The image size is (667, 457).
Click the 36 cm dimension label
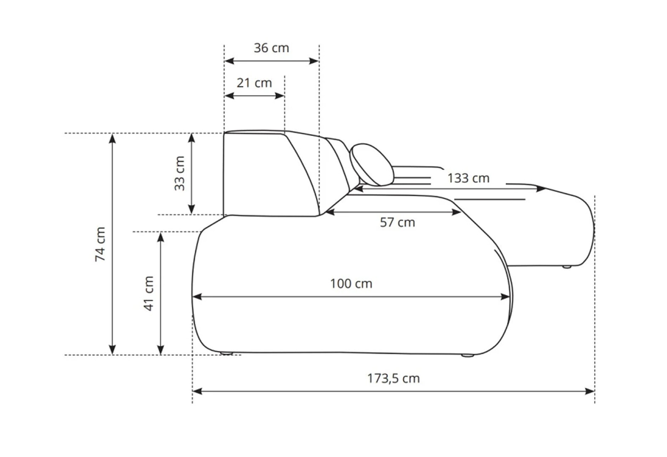pyautogui.click(x=271, y=48)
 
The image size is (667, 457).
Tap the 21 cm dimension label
pyautogui.click(x=254, y=83)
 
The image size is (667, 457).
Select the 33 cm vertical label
pyautogui.click(x=180, y=173)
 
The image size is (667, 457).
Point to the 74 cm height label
pyautogui.click(x=100, y=244)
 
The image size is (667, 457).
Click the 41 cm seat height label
pyautogui.click(x=148, y=293)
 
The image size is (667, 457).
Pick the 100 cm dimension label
pyautogui.click(x=351, y=284)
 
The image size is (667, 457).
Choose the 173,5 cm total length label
pyautogui.click(x=393, y=378)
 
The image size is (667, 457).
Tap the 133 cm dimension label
pyautogui.click(x=468, y=178)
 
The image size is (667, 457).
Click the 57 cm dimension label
pyautogui.click(x=397, y=222)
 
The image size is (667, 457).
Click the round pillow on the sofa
pyautogui.click(x=371, y=165)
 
